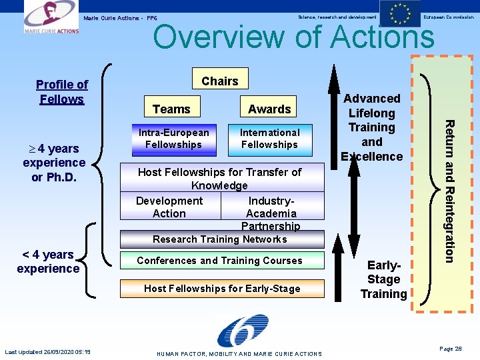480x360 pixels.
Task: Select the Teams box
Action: pyautogui.click(x=171, y=109)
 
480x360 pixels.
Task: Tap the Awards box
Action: pyautogui.click(x=269, y=109)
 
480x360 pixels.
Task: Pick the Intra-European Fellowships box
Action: pyautogui.click(x=173, y=138)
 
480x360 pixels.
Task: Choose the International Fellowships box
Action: pyautogui.click(x=269, y=138)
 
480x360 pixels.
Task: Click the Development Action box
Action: pyautogui.click(x=169, y=207)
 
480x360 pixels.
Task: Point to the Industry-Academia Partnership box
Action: pyautogui.click(x=271, y=212)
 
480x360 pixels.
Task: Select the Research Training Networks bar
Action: pyautogui.click(x=220, y=239)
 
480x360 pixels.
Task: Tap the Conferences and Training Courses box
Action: pyautogui.click(x=220, y=261)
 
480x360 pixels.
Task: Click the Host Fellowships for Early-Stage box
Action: pyautogui.click(x=222, y=289)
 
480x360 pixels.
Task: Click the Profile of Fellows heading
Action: pyautogui.click(x=62, y=92)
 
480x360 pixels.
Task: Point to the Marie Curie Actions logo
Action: pyautogui.click(x=51, y=17)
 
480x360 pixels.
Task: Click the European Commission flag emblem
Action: pyautogui.click(x=400, y=14)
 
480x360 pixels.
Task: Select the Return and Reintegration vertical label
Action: pyautogui.click(x=451, y=190)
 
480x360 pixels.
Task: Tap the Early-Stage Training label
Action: pyautogui.click(x=383, y=279)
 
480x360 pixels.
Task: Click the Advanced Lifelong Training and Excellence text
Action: pyautogui.click(x=372, y=127)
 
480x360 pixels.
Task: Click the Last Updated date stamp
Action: pyautogui.click(x=47, y=352)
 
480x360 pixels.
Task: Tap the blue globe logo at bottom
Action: pyautogui.click(x=243, y=331)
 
